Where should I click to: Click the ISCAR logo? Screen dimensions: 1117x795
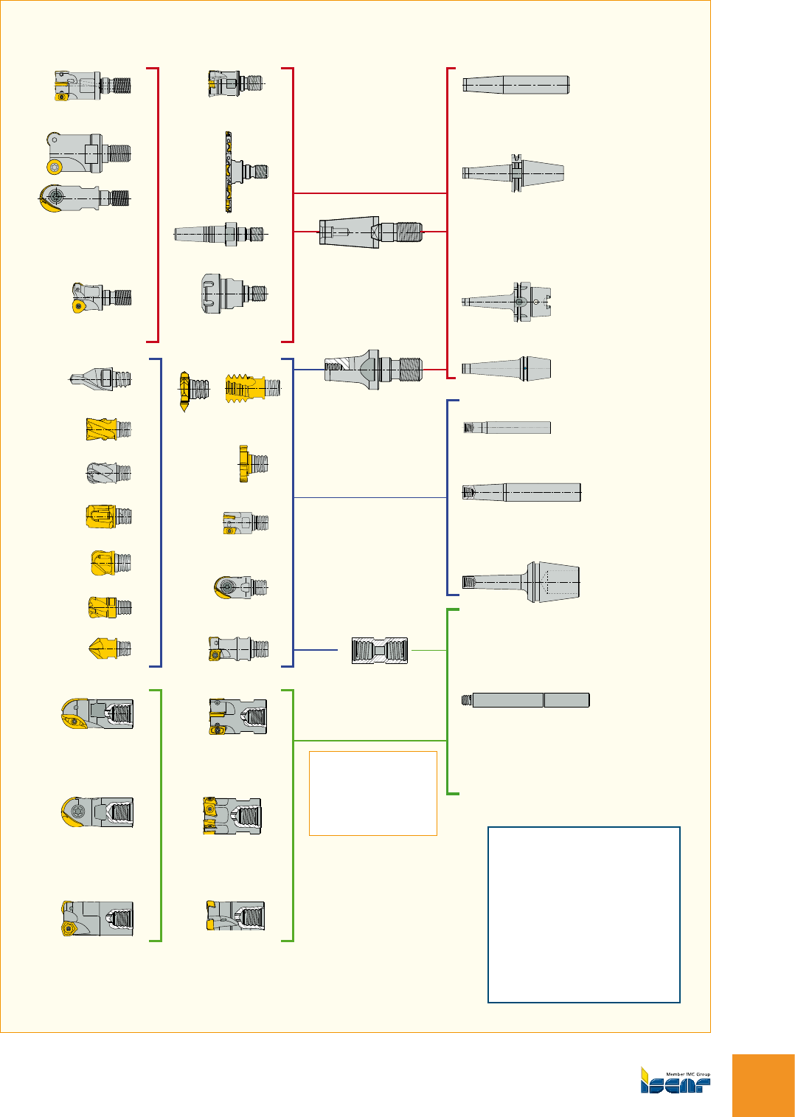(x=675, y=1081)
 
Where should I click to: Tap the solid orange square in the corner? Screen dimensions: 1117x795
(x=763, y=1085)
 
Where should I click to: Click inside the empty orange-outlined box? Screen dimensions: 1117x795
(x=372, y=793)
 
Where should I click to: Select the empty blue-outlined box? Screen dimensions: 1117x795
(x=583, y=915)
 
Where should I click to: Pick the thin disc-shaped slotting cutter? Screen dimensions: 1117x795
(x=229, y=171)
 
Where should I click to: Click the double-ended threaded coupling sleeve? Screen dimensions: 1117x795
(x=380, y=650)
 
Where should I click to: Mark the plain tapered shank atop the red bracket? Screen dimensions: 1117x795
(x=515, y=85)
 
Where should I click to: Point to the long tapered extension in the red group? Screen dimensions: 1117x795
(x=218, y=234)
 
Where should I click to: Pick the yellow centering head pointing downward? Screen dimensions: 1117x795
(x=184, y=391)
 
